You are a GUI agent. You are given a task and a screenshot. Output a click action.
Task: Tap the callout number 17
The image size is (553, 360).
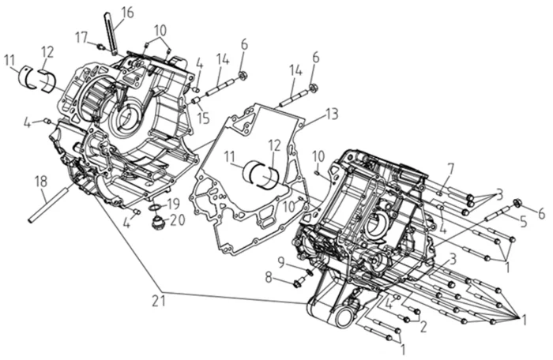[x=81, y=36]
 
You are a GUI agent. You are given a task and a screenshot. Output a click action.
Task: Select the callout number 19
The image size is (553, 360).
[x=174, y=204]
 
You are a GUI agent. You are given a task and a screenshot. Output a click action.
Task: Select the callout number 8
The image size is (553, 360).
[x=269, y=277]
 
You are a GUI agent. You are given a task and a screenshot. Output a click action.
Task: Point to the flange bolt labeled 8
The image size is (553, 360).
[x=299, y=280]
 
